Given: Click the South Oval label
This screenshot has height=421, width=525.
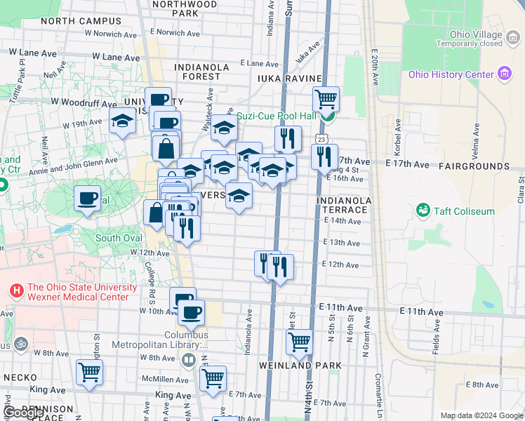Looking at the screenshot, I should coord(119,238).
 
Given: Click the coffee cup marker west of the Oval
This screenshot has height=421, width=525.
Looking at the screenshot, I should coord(88,199).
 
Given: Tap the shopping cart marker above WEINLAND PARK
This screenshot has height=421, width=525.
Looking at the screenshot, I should coord(299,342).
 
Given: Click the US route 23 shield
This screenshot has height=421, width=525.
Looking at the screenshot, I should coord(321,140).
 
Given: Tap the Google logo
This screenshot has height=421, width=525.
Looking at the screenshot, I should coord(24,413).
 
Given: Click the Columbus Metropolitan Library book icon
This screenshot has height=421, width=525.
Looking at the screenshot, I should coord(188,361).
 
